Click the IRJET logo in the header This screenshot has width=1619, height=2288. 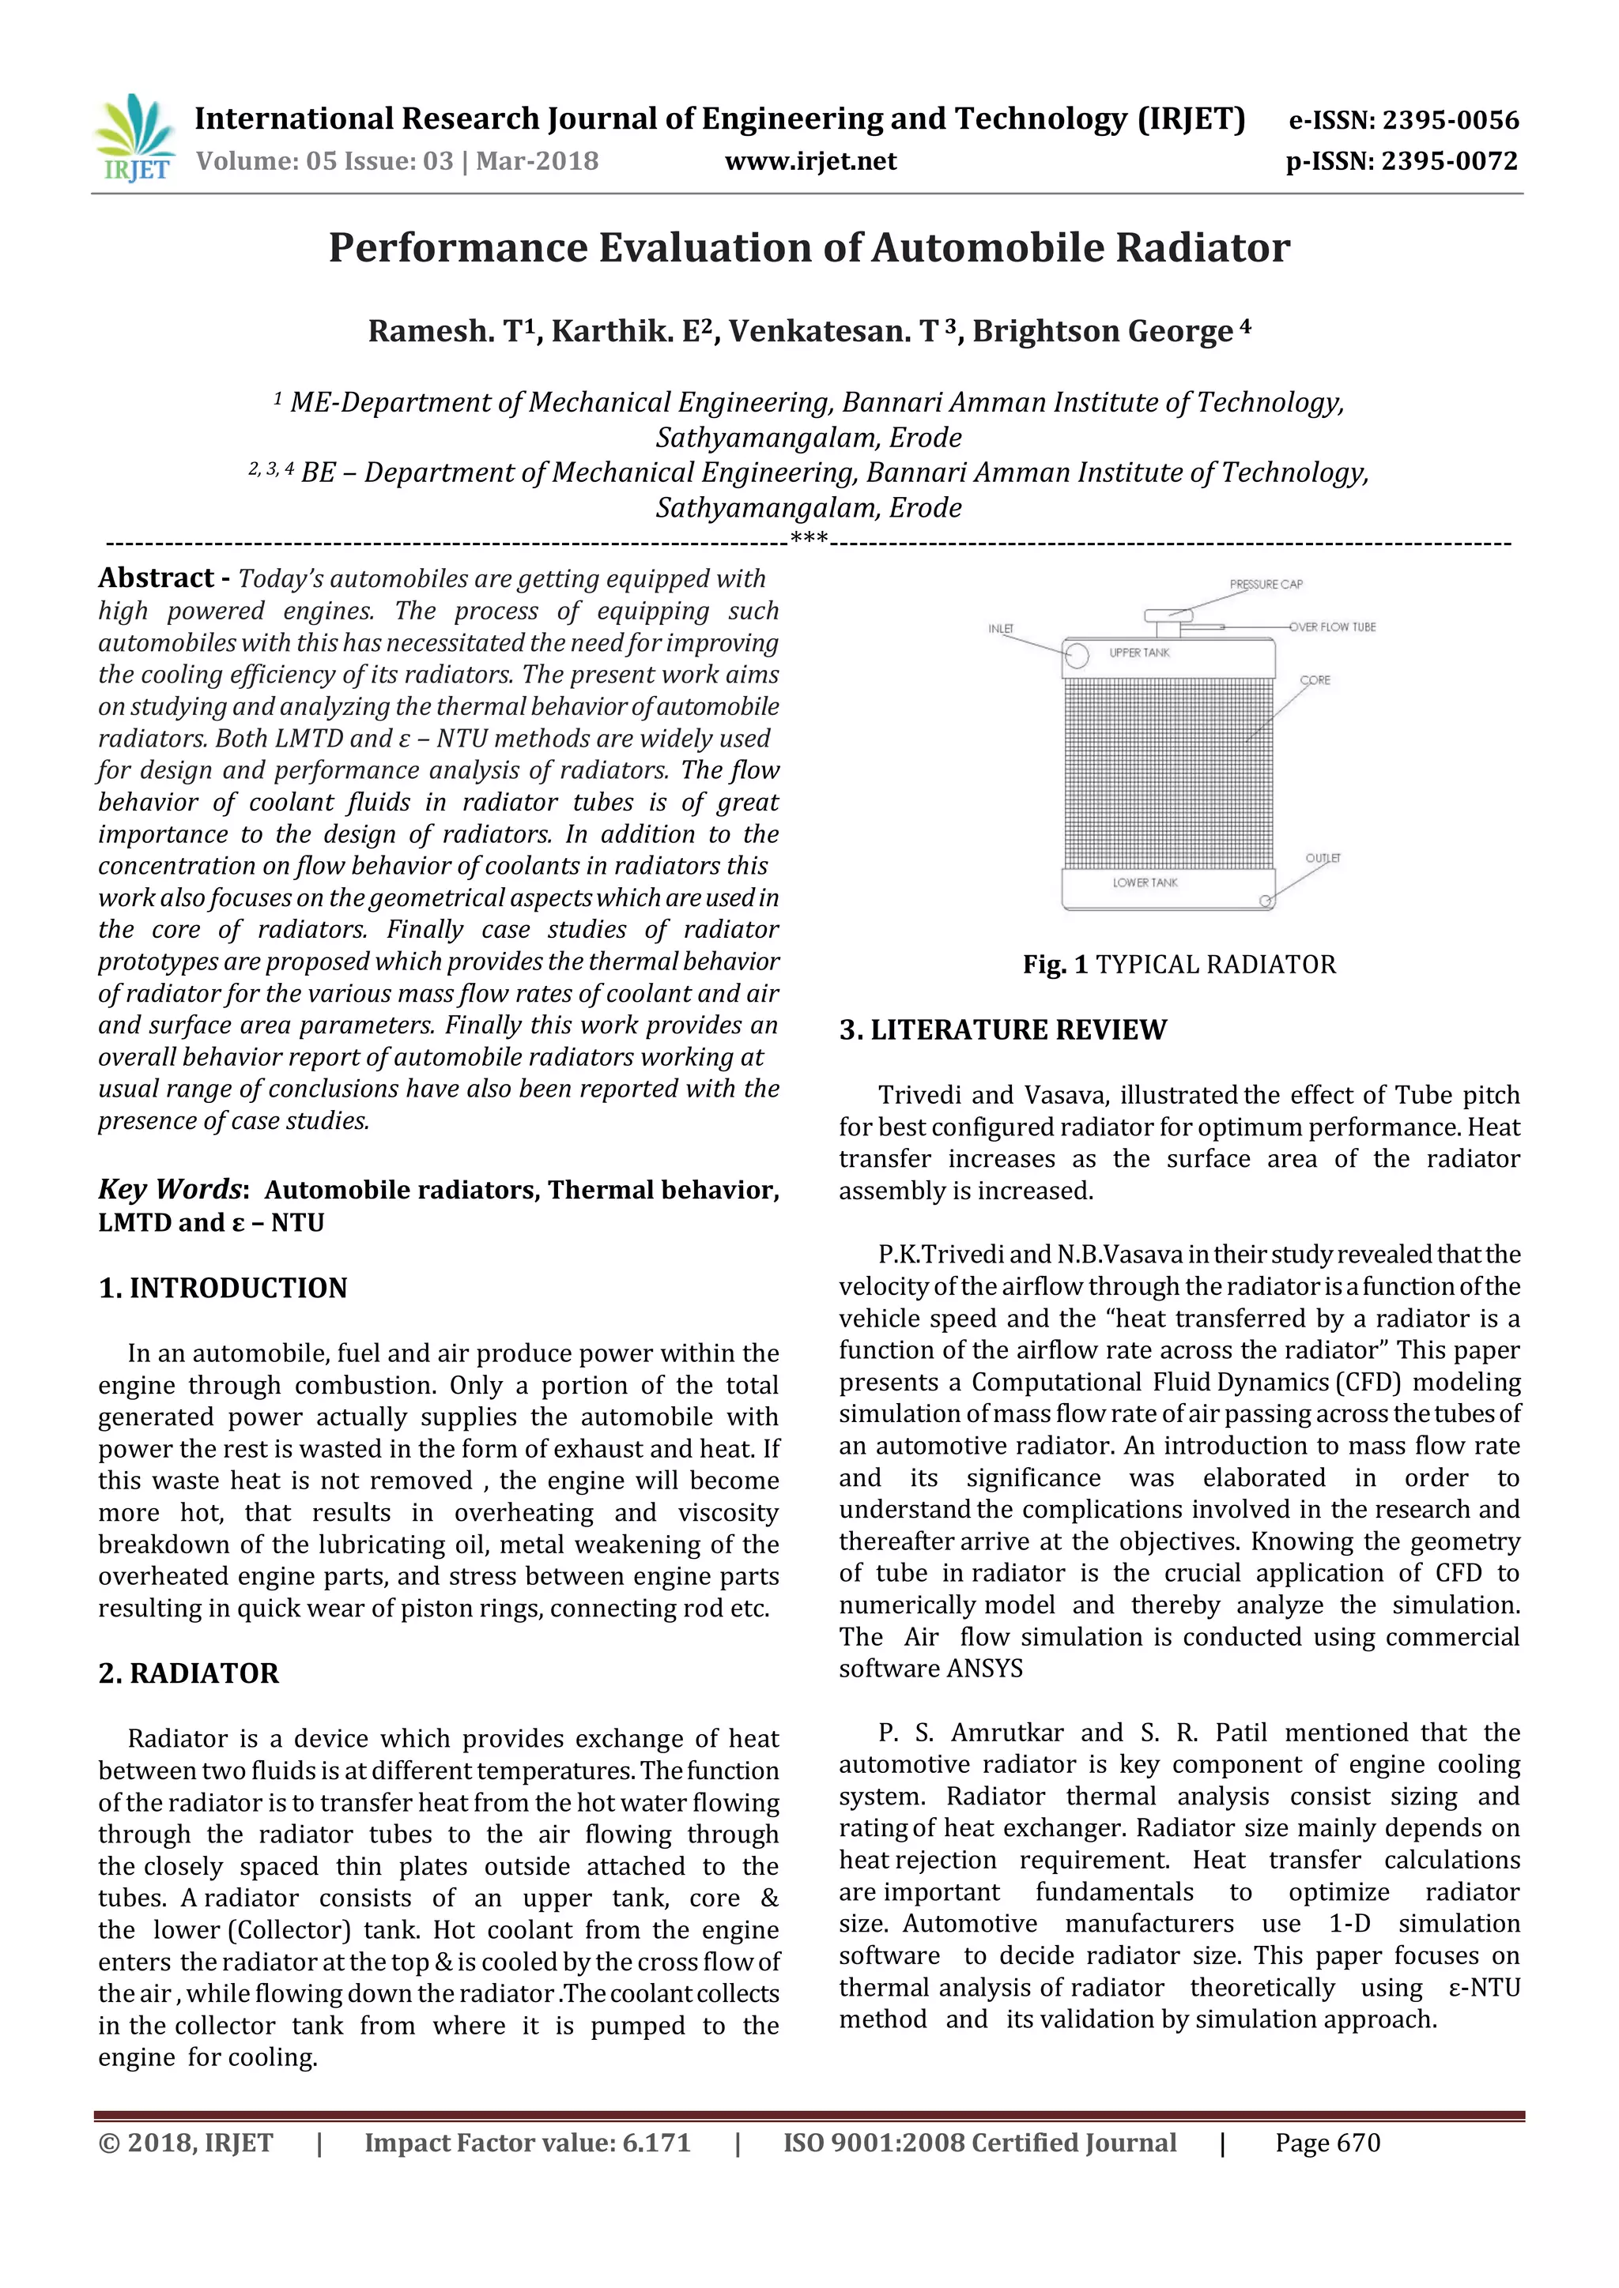pyautogui.click(x=133, y=137)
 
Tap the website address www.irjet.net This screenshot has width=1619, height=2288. pyautogui.click(x=809, y=161)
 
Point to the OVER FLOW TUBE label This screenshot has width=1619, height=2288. pyautogui.click(x=1332, y=627)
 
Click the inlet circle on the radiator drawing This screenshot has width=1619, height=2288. pyautogui.click(x=1076, y=655)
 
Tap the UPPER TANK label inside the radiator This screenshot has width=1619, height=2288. pyautogui.click(x=1139, y=653)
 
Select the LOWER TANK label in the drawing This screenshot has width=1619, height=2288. pyautogui.click(x=1145, y=883)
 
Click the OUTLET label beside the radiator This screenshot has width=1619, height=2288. pyautogui.click(x=1323, y=858)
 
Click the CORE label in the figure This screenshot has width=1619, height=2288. pyautogui.click(x=1315, y=679)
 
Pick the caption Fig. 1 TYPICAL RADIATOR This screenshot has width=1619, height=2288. pyautogui.click(x=1179, y=965)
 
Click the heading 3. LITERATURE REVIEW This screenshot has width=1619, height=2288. pyautogui.click(x=1002, y=1029)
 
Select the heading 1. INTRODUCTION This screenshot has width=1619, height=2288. pyautogui.click(x=222, y=1288)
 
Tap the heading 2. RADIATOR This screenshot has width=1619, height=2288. pyautogui.click(x=188, y=1673)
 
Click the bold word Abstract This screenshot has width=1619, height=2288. pyautogui.click(x=156, y=578)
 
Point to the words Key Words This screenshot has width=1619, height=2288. pyautogui.click(x=169, y=1189)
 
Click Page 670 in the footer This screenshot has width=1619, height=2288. pyautogui.click(x=1327, y=2143)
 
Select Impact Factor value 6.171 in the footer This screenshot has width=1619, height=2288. pyautogui.click(x=526, y=2143)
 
